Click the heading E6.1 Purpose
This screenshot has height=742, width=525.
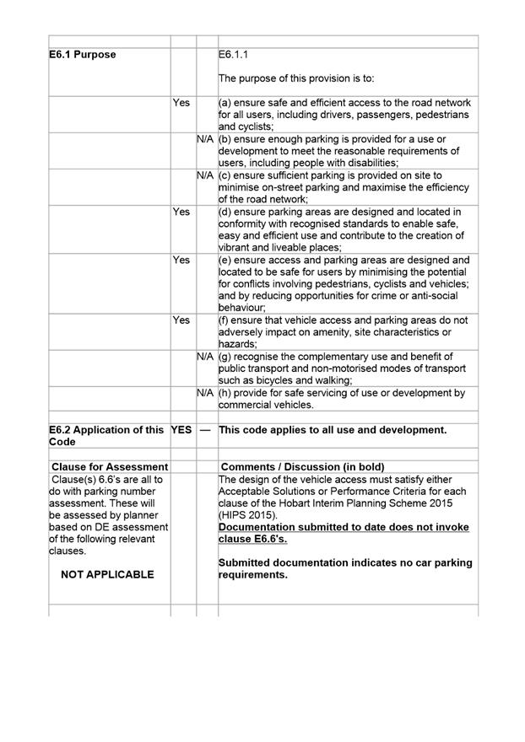pos(82,55)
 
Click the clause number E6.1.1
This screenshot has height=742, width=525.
pos(234,55)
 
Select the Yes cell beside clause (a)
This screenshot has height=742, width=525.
pos(181,102)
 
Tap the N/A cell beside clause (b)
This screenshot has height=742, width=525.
pos(205,138)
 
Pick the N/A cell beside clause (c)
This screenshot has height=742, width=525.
pos(205,175)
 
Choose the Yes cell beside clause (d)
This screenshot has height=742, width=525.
pos(181,212)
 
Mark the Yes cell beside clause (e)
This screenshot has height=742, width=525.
pos(181,261)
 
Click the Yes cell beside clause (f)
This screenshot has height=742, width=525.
pos(181,320)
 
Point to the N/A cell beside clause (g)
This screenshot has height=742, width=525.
pos(205,357)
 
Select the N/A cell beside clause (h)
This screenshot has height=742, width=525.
pos(205,393)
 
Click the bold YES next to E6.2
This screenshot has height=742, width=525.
pos(181,430)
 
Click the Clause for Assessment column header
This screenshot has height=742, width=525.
pos(110,466)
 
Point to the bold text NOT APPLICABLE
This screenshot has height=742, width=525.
pos(108,574)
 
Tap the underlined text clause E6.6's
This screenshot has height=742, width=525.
pos(252,539)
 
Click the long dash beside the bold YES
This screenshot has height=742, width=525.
pos(205,430)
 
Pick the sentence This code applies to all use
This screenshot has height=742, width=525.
pos(333,430)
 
